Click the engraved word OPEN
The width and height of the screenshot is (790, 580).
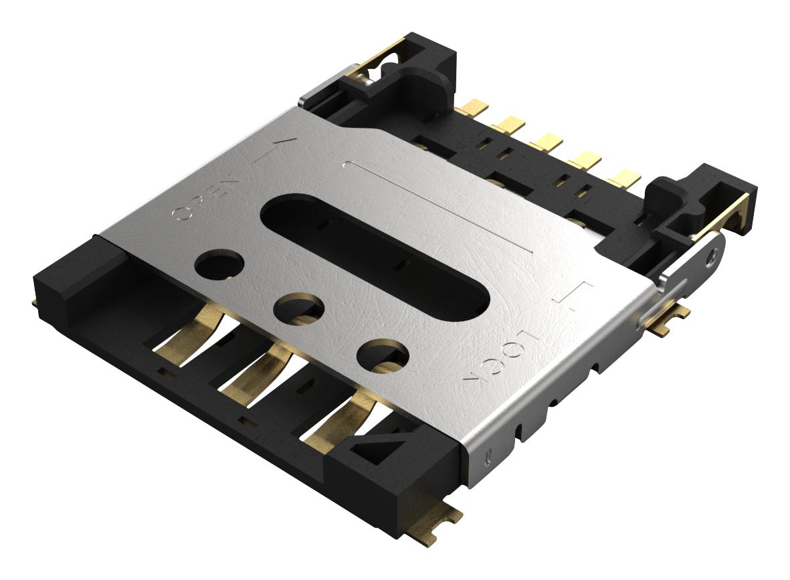click(x=206, y=198)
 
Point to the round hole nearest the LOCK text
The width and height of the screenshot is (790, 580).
click(x=383, y=355)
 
